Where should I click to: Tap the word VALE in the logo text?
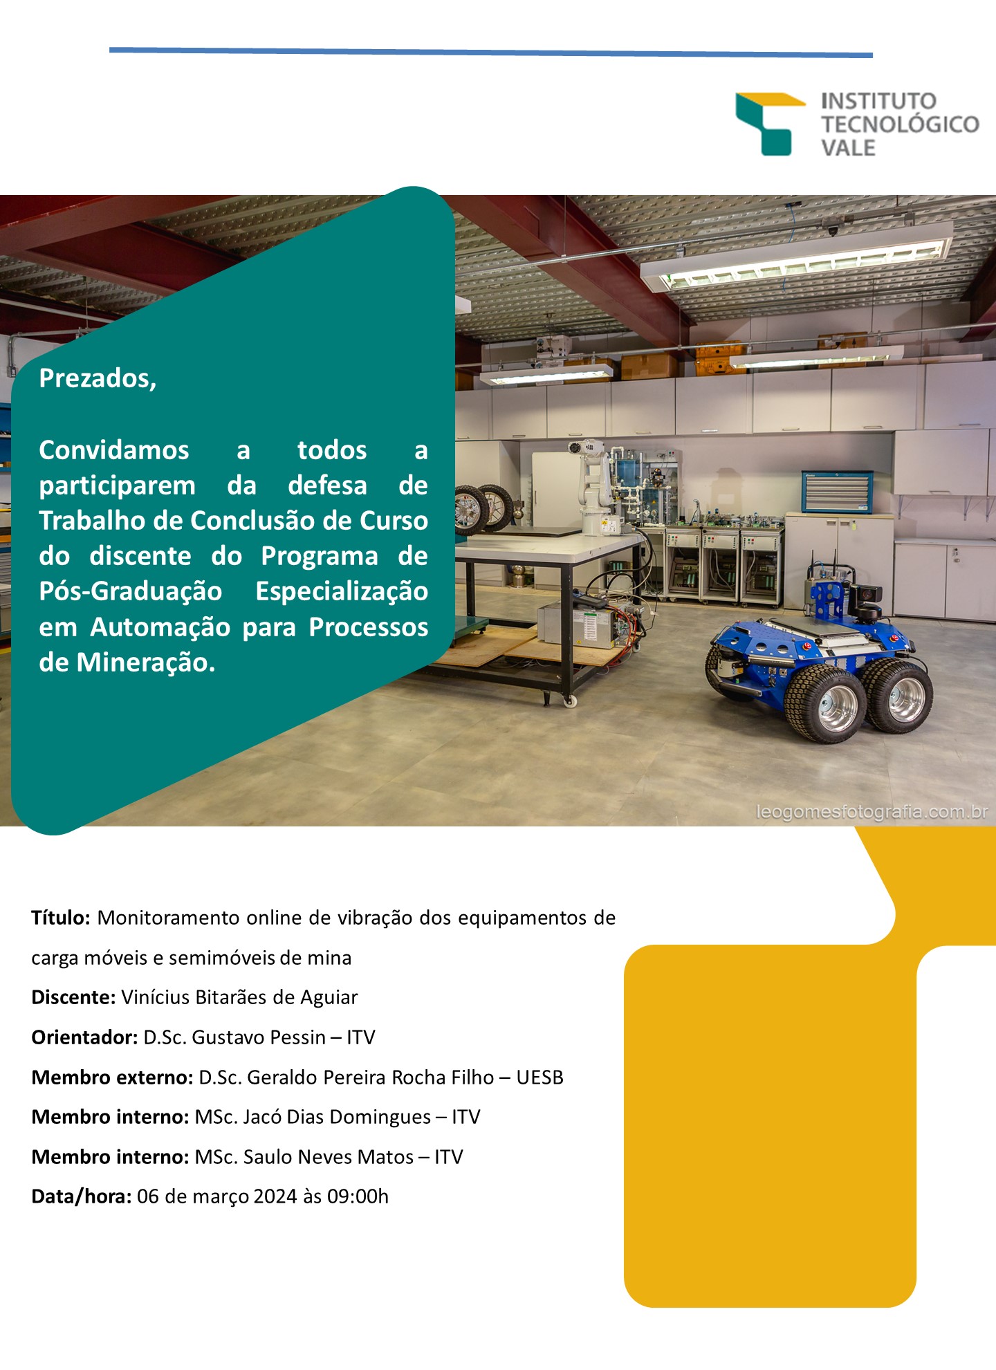[x=848, y=148]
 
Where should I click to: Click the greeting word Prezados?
[x=98, y=378]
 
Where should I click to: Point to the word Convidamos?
[x=114, y=450]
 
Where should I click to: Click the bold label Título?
[x=61, y=918]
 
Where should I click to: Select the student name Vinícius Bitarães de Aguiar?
[x=239, y=997]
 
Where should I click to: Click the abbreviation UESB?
[x=540, y=1077]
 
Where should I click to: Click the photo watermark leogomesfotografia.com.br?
[x=872, y=812]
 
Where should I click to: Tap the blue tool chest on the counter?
[x=837, y=491]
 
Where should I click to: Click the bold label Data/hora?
[x=82, y=1197]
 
